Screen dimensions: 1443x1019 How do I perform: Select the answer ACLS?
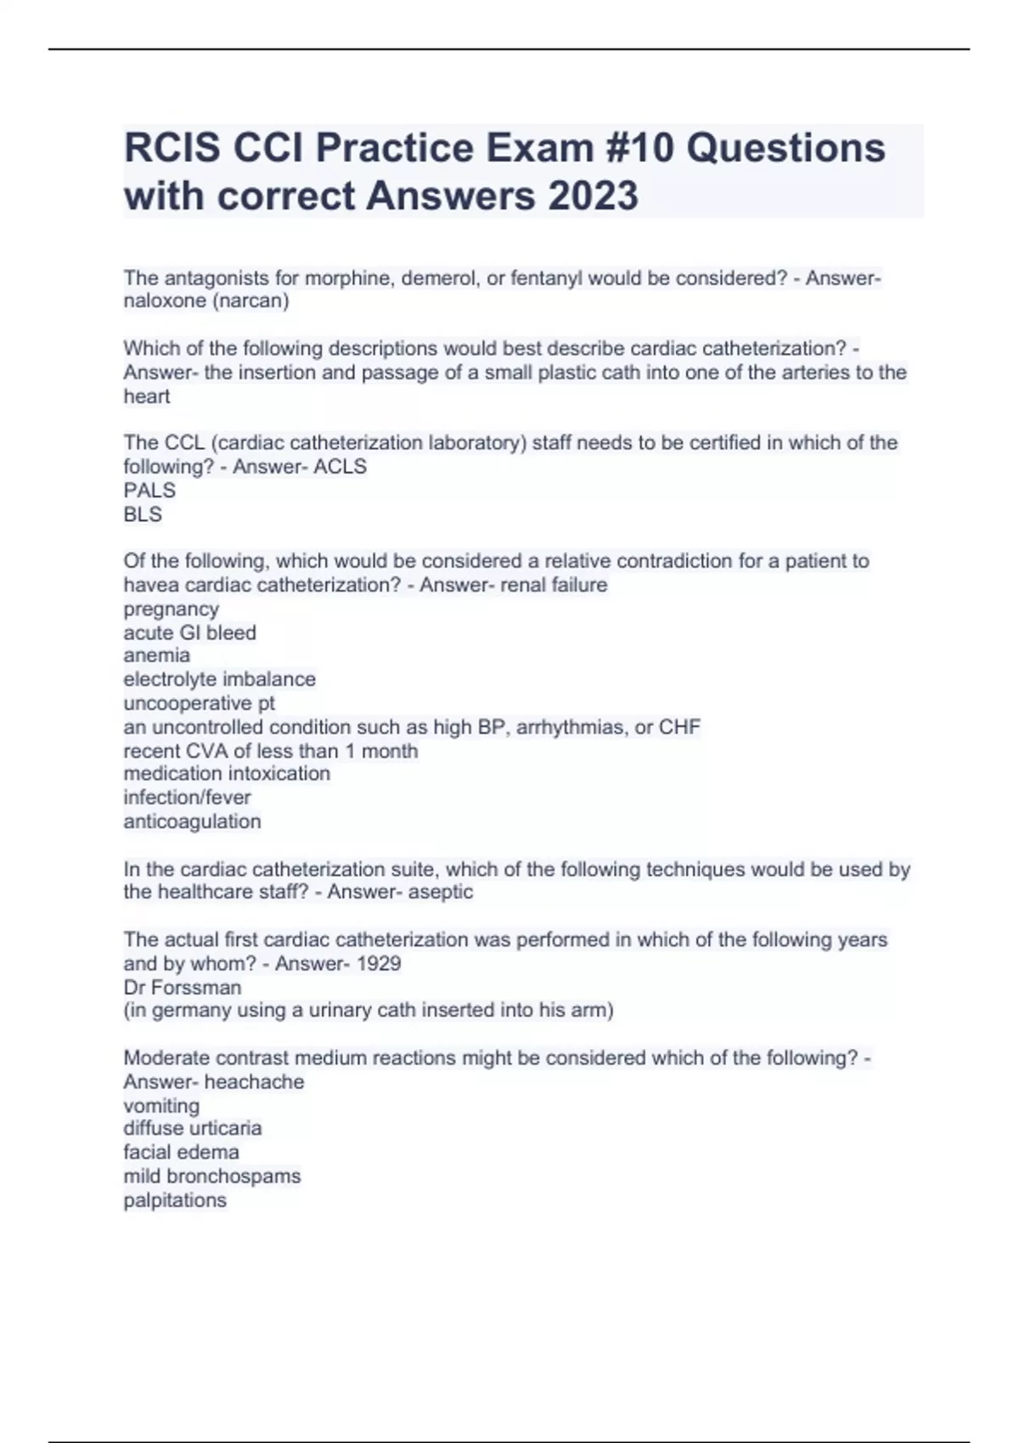pyautogui.click(x=340, y=466)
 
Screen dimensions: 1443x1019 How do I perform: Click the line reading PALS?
pyautogui.click(x=149, y=490)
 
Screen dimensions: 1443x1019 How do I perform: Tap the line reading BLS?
pyautogui.click(x=143, y=514)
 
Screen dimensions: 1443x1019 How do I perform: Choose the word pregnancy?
pyautogui.click(x=172, y=609)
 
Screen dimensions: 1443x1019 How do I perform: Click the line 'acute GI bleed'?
pyautogui.click(x=189, y=632)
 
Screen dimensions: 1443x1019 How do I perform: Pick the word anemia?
pyautogui.click(x=157, y=655)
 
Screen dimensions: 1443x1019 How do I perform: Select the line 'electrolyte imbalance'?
pyautogui.click(x=219, y=679)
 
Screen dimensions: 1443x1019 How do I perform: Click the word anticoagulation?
pyautogui.click(x=192, y=821)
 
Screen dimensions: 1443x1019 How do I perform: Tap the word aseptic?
pyautogui.click(x=441, y=891)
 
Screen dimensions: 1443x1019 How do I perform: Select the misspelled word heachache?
pyautogui.click(x=254, y=1081)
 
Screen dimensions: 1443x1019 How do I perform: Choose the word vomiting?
pyautogui.click(x=161, y=1105)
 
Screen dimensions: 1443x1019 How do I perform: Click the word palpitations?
pyautogui.click(x=175, y=1200)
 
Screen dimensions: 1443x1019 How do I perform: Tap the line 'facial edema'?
pyautogui.click(x=181, y=1152)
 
